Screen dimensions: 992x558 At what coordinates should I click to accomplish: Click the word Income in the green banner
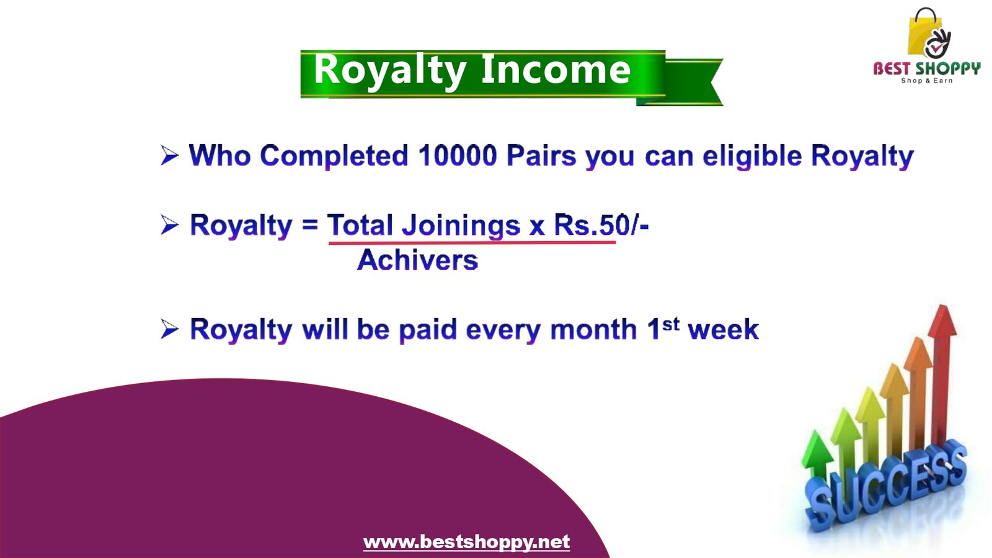pyautogui.click(x=556, y=69)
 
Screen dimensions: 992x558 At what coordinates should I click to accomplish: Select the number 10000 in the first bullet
pyautogui.click(x=458, y=156)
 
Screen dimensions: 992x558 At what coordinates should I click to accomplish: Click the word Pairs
pyautogui.click(x=541, y=156)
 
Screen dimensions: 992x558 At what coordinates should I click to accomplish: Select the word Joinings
pyautogui.click(x=461, y=226)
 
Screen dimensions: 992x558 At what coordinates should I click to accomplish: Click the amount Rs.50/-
pyautogui.click(x=601, y=225)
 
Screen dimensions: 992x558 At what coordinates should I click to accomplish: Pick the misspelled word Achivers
pyautogui.click(x=418, y=260)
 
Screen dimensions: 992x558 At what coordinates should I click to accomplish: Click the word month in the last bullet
pyautogui.click(x=593, y=329)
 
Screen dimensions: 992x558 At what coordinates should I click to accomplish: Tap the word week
pyautogui.click(x=723, y=329)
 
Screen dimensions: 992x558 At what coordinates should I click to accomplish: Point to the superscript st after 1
pyautogui.click(x=671, y=324)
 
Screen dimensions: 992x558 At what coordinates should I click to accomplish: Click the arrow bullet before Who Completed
pyautogui.click(x=170, y=155)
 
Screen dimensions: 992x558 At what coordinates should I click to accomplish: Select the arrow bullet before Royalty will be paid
pyautogui.click(x=170, y=329)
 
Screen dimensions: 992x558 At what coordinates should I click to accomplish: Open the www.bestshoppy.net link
pyautogui.click(x=466, y=542)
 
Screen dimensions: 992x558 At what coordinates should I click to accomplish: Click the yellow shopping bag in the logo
pyautogui.click(x=921, y=33)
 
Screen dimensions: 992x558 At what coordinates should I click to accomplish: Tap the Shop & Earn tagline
pyautogui.click(x=926, y=81)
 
